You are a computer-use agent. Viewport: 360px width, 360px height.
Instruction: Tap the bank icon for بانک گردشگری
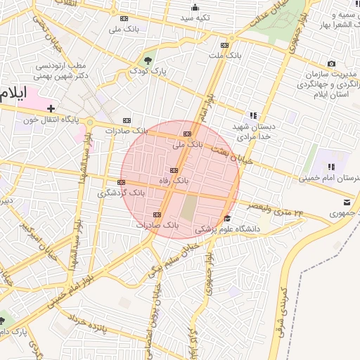pos(121,182)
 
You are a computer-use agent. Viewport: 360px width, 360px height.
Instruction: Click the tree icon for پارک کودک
pos(148,60)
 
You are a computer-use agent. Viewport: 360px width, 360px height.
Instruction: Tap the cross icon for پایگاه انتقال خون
pos(51,108)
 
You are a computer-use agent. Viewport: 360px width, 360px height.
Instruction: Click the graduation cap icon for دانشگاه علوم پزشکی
pos(226,219)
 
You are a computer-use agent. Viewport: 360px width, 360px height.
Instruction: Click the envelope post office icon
pos(336,202)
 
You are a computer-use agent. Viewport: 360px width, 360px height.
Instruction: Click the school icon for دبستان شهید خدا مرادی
pos(252,115)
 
